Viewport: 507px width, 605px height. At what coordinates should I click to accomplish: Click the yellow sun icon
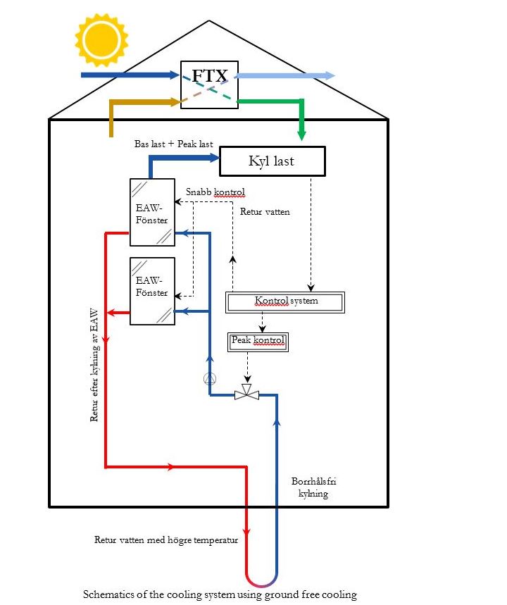pos(101,40)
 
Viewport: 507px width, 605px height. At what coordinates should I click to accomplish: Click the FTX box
pos(208,84)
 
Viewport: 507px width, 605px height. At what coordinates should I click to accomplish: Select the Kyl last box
pos(272,161)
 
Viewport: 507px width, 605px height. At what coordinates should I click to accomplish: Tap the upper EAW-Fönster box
pos(152,212)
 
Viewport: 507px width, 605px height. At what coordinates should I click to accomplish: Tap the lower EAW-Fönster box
pos(152,291)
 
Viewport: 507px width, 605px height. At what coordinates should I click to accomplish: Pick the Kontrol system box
pos(285,302)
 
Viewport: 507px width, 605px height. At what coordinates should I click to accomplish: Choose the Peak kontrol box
pos(258,342)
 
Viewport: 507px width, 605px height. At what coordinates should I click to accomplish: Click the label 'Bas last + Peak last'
pos(173,144)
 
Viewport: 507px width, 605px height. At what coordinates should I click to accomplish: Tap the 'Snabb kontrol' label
pos(215,192)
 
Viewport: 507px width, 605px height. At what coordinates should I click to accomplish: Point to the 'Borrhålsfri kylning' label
pos(310,488)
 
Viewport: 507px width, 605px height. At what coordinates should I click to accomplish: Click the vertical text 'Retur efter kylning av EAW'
pos(94,366)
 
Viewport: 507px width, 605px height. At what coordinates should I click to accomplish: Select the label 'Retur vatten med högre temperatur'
pos(166,540)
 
